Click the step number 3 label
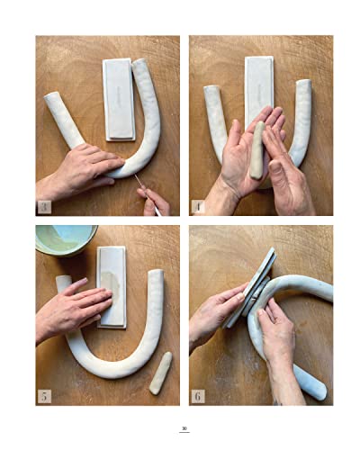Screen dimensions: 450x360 (44, 207)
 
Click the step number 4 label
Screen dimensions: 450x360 (198, 207)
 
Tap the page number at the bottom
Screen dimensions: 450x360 (184, 428)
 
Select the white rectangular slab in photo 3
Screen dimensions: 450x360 (118, 98)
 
